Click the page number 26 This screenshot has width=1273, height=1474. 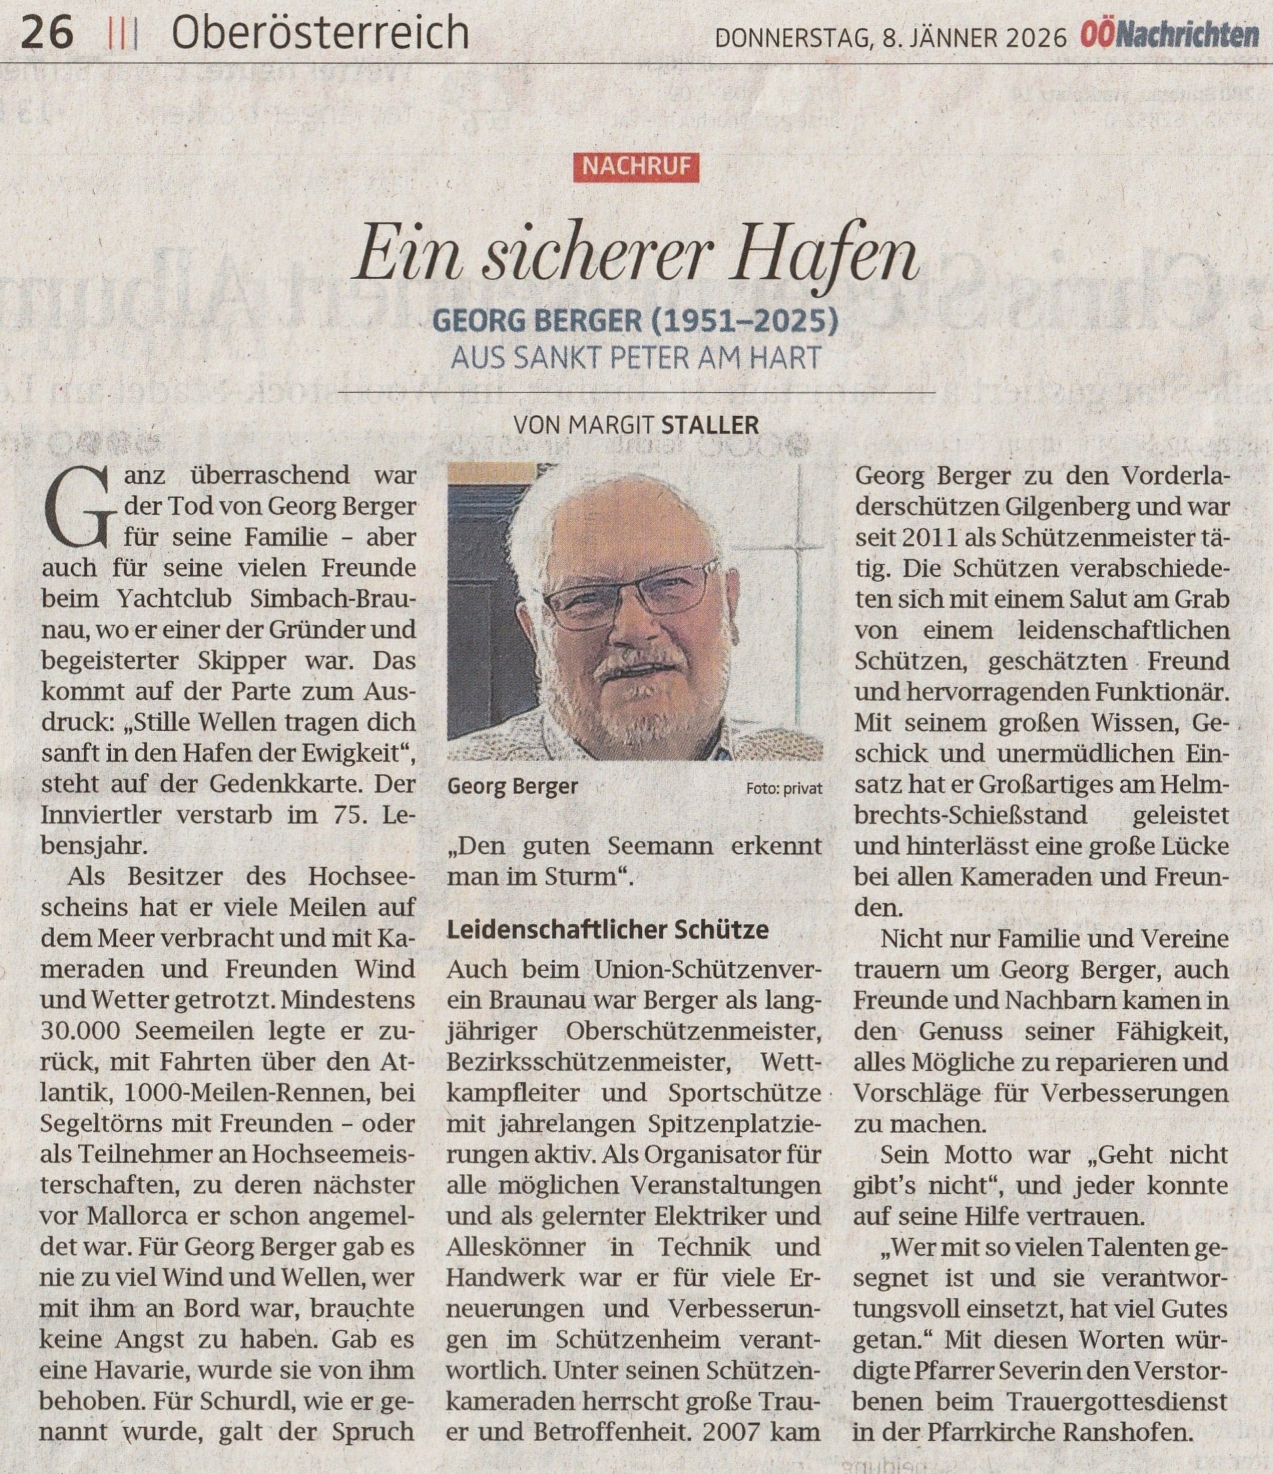(x=47, y=33)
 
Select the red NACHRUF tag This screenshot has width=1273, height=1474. (x=636, y=167)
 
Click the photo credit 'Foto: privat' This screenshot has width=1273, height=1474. (x=784, y=788)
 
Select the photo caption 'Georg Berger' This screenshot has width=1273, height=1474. (x=512, y=787)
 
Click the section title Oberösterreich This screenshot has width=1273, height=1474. (x=320, y=33)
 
